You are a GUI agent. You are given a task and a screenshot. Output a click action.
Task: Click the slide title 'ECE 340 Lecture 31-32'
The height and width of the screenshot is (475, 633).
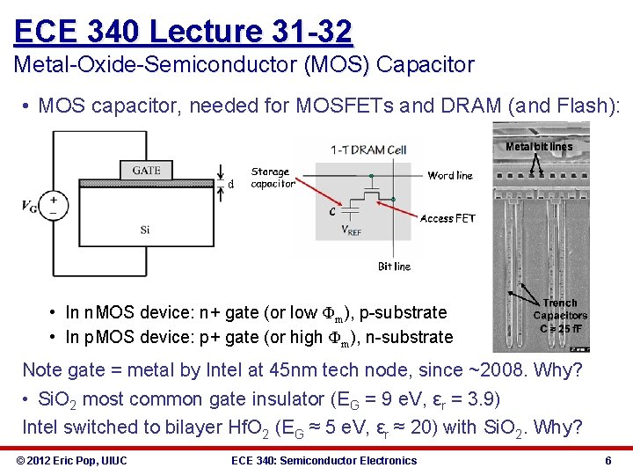pyautogui.click(x=183, y=32)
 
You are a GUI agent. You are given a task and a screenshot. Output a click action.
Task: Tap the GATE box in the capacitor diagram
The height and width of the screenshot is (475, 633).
pyautogui.click(x=146, y=170)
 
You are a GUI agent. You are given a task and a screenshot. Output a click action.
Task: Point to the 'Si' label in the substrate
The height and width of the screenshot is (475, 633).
pyautogui.click(x=145, y=230)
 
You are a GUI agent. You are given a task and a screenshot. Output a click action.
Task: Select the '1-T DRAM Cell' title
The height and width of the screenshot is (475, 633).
pyautogui.click(x=368, y=150)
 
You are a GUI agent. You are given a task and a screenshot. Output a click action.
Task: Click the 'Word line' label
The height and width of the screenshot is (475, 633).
pyautogui.click(x=450, y=175)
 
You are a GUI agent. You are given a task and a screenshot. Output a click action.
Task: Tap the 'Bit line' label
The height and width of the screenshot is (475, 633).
pyautogui.click(x=394, y=266)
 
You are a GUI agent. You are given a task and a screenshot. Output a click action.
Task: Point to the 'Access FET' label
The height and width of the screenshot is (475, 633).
pyautogui.click(x=447, y=218)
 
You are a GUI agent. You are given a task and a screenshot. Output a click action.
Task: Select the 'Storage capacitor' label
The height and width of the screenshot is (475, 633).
pyautogui.click(x=272, y=178)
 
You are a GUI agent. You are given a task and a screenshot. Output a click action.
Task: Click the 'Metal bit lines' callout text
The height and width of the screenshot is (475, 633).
pyautogui.click(x=539, y=147)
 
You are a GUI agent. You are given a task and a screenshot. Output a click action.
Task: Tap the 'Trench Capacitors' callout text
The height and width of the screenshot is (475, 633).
pyautogui.click(x=560, y=309)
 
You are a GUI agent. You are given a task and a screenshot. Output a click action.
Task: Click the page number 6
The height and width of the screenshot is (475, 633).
pyautogui.click(x=608, y=460)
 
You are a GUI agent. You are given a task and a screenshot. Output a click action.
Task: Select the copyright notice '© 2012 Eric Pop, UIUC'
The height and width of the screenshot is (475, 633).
pyautogui.click(x=71, y=460)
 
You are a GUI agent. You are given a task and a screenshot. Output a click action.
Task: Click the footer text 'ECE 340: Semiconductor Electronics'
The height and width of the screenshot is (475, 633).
pyautogui.click(x=324, y=460)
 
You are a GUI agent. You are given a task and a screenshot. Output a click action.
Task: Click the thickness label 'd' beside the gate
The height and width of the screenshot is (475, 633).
pyautogui.click(x=231, y=185)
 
